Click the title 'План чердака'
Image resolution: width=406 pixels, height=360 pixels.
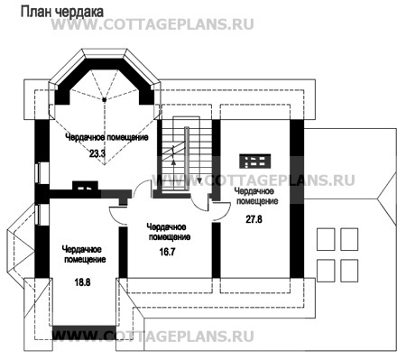pos(62,12)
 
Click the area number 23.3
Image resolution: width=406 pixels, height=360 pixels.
pos(97,153)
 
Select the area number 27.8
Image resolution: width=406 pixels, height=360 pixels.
pos(254,219)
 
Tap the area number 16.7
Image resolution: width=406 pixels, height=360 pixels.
pos(167,252)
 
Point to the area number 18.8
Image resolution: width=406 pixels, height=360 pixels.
pos(82,282)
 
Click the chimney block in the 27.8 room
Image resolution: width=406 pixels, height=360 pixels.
pos(255,162)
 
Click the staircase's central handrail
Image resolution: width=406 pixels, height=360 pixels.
pos(187,159)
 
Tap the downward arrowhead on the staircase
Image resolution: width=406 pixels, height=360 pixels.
pos(199,180)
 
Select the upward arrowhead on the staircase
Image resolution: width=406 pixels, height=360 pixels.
pos(173,162)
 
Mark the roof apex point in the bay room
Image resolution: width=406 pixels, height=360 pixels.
pos(105,99)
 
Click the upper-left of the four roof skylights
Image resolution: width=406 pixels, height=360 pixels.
pos(326,239)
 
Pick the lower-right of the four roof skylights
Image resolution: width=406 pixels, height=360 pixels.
pos(349,271)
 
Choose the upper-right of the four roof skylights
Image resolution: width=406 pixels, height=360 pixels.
pos(349,239)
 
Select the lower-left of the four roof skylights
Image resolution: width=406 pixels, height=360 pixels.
pos(326,271)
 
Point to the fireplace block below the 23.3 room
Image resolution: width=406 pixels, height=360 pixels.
pos(85,186)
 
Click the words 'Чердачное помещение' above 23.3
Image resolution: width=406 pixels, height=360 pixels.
pos(106,137)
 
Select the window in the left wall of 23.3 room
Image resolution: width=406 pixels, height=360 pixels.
pos(38,172)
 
